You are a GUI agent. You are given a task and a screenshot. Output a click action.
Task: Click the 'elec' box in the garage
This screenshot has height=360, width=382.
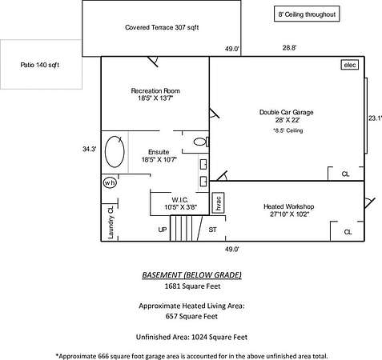pyautogui.click(x=350, y=65)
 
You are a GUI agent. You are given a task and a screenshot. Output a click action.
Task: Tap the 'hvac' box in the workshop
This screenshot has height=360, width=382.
pyautogui.click(x=218, y=203)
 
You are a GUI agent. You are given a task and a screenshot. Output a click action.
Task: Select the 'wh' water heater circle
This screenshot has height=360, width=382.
pyautogui.click(x=110, y=182)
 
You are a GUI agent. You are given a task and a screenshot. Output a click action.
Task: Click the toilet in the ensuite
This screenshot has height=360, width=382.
pyautogui.click(x=201, y=142)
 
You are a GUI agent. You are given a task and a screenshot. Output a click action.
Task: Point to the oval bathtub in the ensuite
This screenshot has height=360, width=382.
pyautogui.click(x=115, y=152)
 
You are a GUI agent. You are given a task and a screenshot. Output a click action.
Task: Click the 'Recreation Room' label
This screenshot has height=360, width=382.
pyautogui.click(x=155, y=91)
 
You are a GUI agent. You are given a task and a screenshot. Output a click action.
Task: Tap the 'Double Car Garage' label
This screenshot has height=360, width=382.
pyautogui.click(x=287, y=112)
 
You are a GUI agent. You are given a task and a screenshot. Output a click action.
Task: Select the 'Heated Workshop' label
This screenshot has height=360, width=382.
pyautogui.click(x=289, y=206)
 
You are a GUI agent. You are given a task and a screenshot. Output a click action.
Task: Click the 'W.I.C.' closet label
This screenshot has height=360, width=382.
pyautogui.click(x=180, y=200)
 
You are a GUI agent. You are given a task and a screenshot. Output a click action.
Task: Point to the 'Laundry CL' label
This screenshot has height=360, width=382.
pyautogui.click(x=111, y=222)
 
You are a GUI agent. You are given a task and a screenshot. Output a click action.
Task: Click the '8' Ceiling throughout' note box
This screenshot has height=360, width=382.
pyautogui.click(x=307, y=14)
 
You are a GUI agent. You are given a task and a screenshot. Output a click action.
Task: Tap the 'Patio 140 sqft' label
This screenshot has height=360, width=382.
pyautogui.click(x=40, y=65)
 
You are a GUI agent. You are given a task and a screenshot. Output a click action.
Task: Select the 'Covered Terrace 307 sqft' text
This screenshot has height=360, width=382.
pyautogui.click(x=162, y=27)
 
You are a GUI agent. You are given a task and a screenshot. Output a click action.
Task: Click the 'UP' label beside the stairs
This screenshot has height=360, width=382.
pyautogui.click(x=163, y=230)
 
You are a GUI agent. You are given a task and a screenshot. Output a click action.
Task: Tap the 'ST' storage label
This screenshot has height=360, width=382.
pyautogui.click(x=212, y=230)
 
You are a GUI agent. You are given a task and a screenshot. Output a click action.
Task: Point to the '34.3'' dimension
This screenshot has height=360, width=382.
pyautogui.click(x=90, y=149)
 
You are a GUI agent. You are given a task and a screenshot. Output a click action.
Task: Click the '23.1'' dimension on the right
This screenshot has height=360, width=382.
pyautogui.click(x=376, y=118)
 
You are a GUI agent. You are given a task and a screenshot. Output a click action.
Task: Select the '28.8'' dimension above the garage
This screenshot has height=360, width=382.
pyautogui.click(x=289, y=48)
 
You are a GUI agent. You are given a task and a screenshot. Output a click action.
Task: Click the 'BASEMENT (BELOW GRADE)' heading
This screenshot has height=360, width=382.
pyautogui.click(x=191, y=275)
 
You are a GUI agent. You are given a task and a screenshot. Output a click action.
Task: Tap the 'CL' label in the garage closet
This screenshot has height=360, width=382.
pyautogui.click(x=346, y=174)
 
